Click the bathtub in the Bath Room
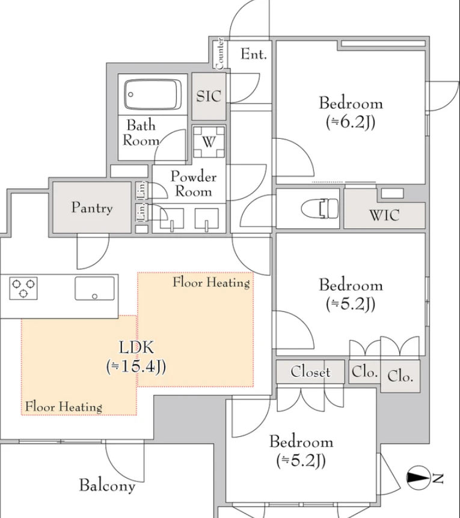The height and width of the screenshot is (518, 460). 152,94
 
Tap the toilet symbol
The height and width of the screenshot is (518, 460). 320,209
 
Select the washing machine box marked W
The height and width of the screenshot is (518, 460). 209,142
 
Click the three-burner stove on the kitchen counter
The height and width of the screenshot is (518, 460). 23,288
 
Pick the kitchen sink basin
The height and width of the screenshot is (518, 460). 95,288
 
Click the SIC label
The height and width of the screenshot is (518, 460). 209,96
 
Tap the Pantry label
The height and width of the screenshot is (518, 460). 92,208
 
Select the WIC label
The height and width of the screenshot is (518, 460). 384,215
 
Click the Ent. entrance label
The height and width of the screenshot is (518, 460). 254,54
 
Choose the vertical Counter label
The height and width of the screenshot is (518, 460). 219,53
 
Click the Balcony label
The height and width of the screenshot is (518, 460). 107,486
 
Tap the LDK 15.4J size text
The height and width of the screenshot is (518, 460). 136,366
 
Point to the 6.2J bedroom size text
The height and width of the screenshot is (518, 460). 351,122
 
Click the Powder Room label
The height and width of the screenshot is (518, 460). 193,184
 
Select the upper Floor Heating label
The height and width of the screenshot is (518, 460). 211,282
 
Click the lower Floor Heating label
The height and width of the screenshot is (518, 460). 64,407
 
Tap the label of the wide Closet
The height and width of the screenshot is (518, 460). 310,372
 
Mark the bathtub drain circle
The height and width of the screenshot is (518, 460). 130,94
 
